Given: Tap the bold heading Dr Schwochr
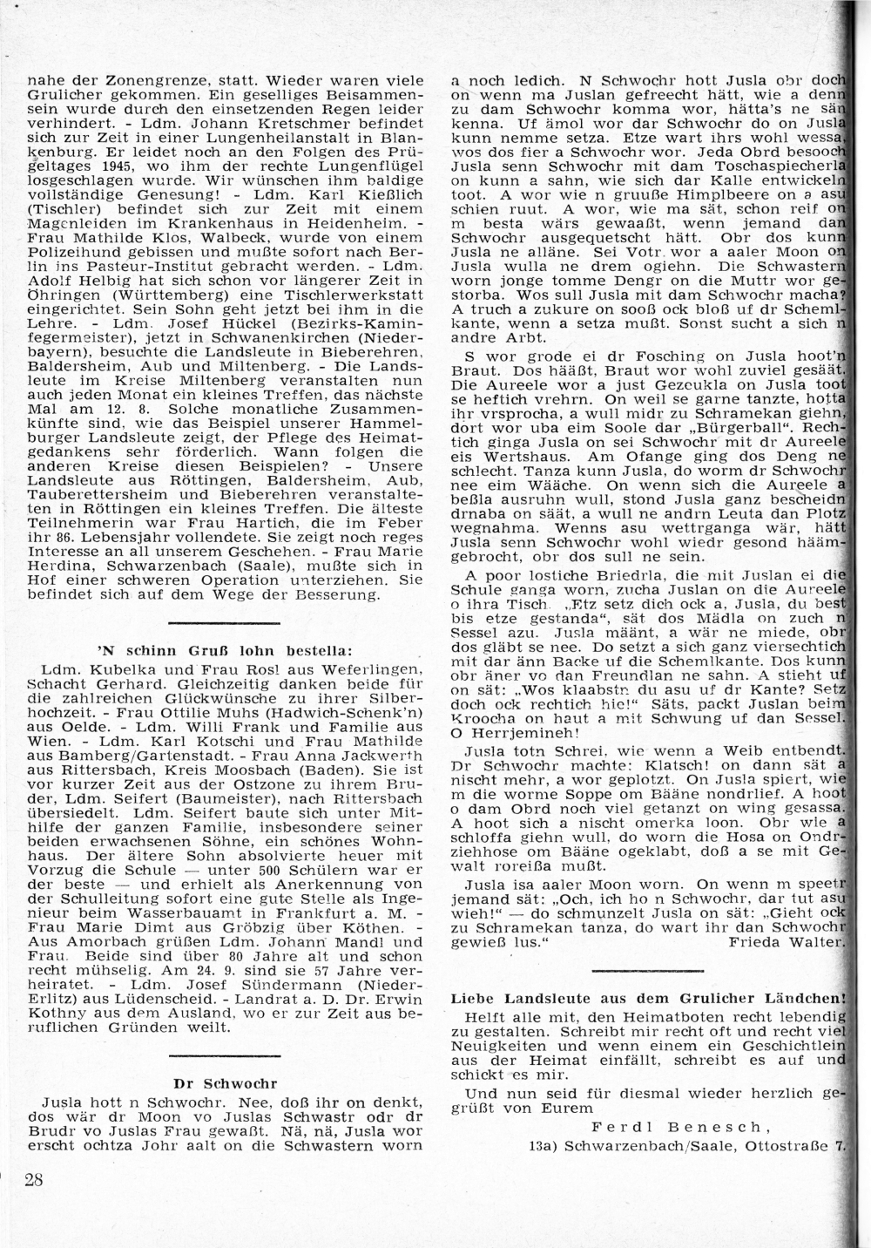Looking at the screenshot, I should (x=226, y=1084).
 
